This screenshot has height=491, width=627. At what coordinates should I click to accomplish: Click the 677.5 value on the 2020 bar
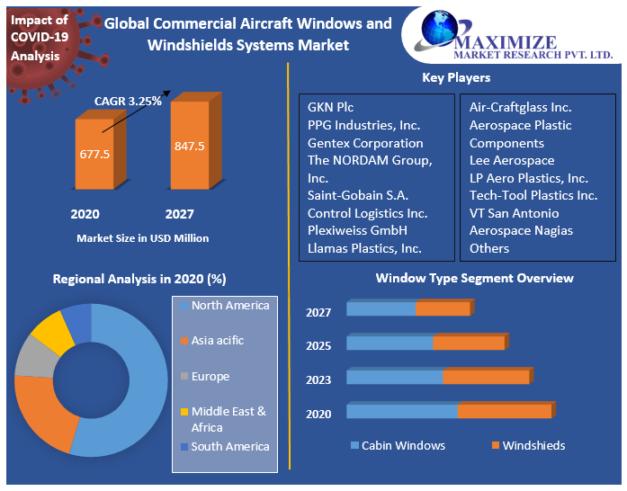click(x=94, y=155)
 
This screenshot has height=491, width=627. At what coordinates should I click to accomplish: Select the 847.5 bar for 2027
click(x=190, y=146)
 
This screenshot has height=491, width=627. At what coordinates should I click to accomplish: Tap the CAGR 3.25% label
click(x=128, y=102)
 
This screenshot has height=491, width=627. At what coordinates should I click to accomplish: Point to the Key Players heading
click(x=456, y=78)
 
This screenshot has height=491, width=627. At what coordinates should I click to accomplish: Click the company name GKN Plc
click(x=331, y=107)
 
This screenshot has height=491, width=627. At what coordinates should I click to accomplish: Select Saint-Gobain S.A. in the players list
click(x=357, y=195)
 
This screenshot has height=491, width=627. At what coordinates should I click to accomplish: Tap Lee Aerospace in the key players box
click(x=512, y=160)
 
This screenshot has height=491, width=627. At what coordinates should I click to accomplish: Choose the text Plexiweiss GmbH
click(x=358, y=230)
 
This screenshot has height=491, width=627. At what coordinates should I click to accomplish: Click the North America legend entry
click(x=229, y=306)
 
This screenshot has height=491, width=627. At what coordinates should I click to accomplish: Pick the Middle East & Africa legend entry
click(x=228, y=419)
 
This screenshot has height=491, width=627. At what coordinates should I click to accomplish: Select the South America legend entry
click(x=229, y=446)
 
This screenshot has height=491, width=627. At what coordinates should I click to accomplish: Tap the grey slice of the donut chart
click(x=33, y=357)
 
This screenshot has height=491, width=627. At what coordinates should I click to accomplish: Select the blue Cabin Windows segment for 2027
click(x=381, y=309)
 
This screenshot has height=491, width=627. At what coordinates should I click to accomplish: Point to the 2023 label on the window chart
click(x=318, y=379)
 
